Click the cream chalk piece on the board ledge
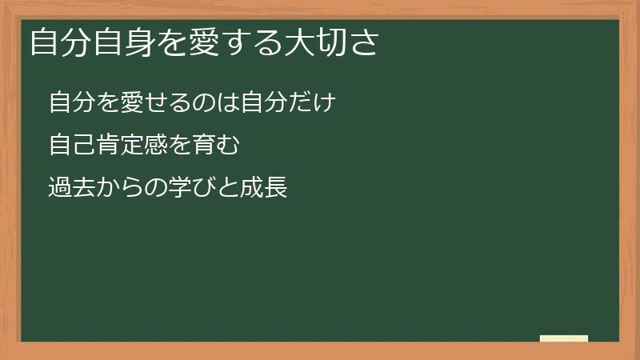click(x=563, y=338)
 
